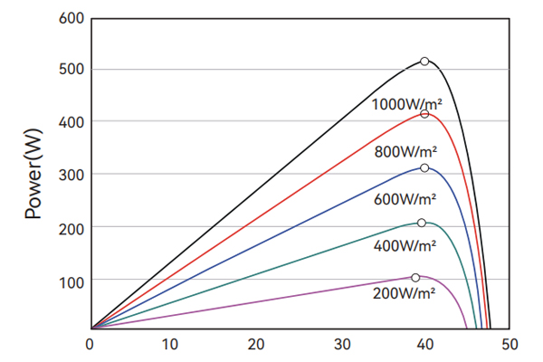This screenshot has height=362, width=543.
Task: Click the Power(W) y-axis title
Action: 35,173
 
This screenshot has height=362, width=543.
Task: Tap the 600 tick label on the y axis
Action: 72,18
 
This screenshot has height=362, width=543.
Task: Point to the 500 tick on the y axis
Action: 72,71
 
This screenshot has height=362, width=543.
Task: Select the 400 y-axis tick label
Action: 72,122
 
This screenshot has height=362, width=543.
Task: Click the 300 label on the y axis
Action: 72,175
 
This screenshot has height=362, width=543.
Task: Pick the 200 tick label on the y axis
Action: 72,227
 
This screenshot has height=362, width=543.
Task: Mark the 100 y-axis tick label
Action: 72,281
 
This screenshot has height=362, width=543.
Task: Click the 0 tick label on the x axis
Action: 90,344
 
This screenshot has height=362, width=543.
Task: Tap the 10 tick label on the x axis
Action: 173,344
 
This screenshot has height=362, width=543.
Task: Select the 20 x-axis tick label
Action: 256,344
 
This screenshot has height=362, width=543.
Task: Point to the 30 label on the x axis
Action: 340,344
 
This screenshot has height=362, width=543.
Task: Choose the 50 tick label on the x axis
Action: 510,344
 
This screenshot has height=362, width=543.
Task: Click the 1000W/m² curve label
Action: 406,104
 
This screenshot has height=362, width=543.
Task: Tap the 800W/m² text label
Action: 405,151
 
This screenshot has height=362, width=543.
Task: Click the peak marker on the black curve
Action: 424,62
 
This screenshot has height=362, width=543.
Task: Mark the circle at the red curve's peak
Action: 424,114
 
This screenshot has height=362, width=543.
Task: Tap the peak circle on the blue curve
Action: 424,168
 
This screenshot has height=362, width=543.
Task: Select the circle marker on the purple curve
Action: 415,278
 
